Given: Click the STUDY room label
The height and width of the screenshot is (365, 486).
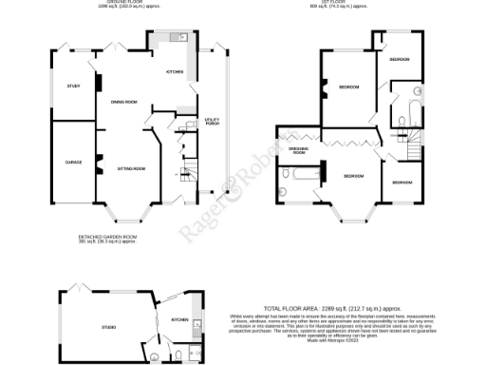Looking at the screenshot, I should (x=73, y=86).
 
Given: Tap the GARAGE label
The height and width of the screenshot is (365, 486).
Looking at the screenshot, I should (x=73, y=163).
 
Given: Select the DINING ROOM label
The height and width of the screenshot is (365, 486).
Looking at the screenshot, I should (x=124, y=102).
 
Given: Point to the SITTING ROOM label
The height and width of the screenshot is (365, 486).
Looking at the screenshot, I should (x=131, y=168).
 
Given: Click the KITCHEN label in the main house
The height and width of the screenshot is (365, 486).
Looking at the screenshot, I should (x=175, y=72).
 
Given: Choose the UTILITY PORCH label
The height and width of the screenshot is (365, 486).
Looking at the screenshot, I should (x=212, y=121).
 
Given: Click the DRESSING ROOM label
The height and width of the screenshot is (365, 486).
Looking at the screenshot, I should (x=298, y=150).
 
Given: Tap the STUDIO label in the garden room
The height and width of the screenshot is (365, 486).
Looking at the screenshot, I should (x=110, y=328).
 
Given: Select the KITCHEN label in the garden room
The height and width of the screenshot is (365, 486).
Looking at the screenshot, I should (x=178, y=320).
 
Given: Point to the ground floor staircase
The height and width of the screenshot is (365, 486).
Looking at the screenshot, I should (x=185, y=175).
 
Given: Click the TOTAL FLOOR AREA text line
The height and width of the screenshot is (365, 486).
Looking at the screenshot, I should (x=325, y=309).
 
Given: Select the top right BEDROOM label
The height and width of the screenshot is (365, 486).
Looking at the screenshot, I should (x=399, y=60).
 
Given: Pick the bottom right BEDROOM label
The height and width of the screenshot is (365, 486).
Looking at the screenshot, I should (x=402, y=182).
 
